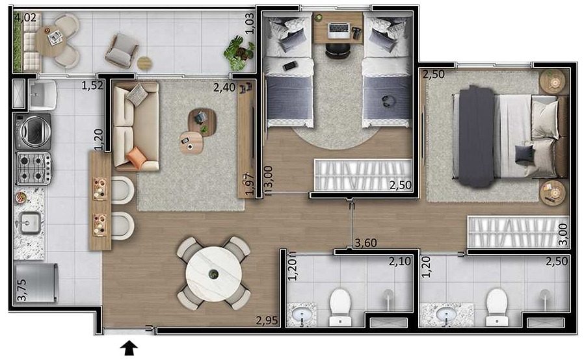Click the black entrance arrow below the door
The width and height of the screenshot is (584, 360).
129,348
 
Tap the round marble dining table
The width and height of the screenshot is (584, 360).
213,274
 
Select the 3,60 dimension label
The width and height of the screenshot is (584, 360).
365,243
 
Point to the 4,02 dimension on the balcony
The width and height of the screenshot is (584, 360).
26,17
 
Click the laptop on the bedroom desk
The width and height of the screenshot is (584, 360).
339,30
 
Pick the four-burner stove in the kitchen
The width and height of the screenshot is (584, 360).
34,168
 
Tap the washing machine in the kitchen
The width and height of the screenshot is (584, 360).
33,131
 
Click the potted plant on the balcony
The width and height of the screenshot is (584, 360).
239,53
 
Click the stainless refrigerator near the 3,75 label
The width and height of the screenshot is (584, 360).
36,283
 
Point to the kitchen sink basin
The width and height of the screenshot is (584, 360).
30,223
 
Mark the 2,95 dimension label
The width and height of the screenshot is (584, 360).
267,320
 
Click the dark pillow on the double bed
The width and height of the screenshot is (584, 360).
524,155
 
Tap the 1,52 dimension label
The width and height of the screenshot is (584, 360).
92,86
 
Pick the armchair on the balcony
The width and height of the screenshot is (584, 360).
121,51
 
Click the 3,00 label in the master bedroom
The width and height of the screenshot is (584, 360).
563,234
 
